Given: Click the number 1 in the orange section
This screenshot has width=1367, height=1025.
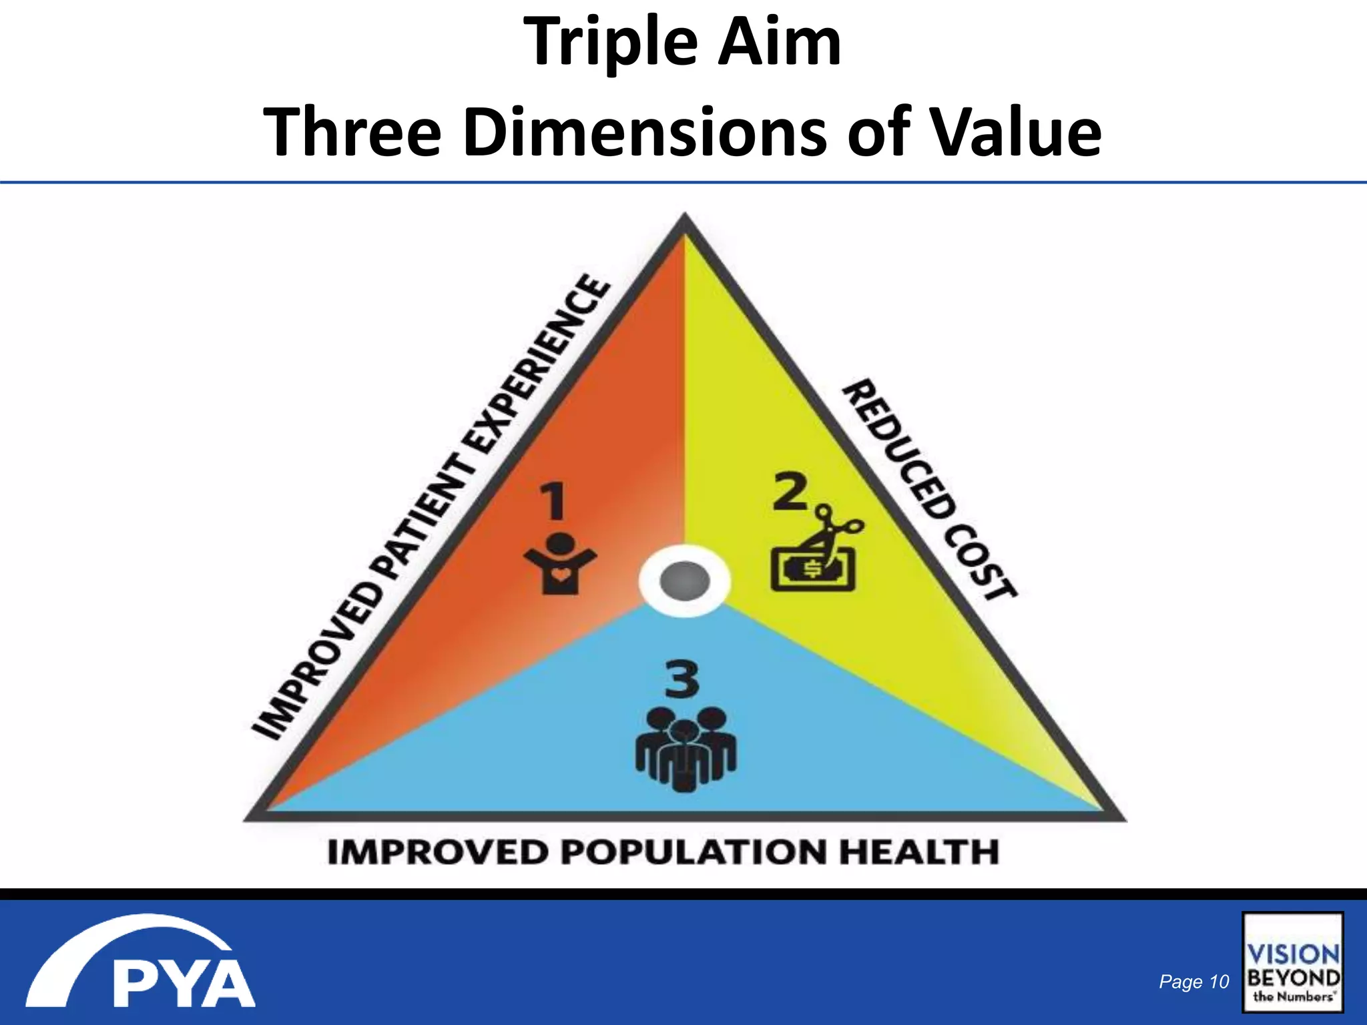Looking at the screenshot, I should [553, 502].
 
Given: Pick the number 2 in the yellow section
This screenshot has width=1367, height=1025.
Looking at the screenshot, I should [790, 492].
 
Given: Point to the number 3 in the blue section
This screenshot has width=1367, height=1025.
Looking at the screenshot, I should [681, 680].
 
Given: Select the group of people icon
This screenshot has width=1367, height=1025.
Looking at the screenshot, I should [686, 750].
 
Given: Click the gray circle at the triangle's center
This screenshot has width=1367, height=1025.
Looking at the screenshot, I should [684, 581].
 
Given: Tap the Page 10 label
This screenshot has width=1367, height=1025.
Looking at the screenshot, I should [1193, 982].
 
